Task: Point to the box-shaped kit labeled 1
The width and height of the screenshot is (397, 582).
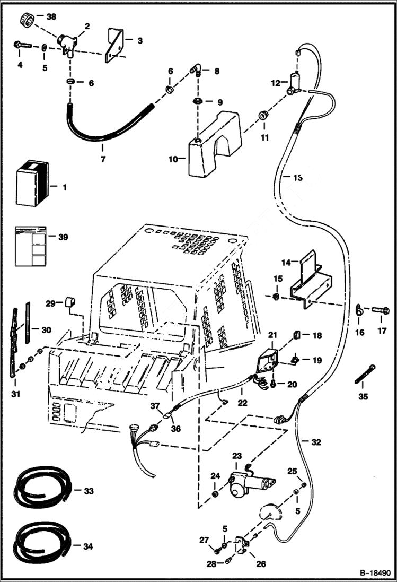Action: coord(33,186)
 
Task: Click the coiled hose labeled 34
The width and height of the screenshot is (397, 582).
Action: coord(42,542)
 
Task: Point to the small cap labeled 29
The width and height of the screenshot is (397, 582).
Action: coord(69,303)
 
